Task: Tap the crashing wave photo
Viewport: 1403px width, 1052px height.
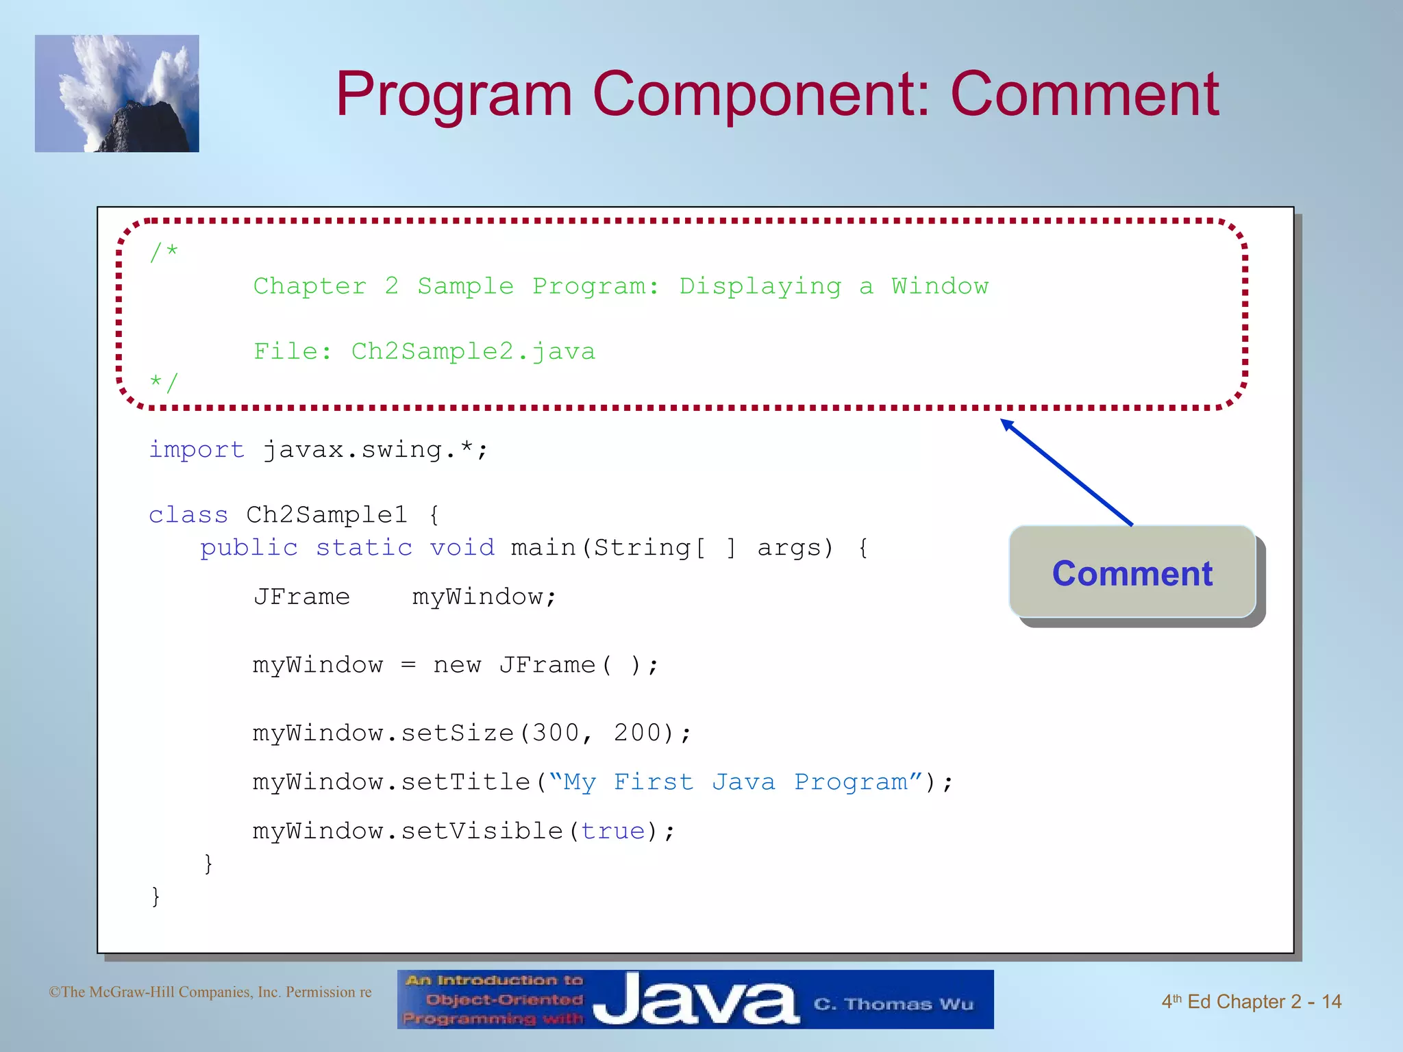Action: coord(117,94)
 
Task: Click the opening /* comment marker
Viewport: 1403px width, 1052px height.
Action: coord(164,252)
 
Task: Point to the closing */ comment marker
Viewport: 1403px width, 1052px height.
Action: coord(164,382)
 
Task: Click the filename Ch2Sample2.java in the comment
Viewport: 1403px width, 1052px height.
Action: coord(473,351)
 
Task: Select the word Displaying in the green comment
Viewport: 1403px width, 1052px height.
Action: coord(760,286)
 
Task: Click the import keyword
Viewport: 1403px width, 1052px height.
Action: coord(197,449)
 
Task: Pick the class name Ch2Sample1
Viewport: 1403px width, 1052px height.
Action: coord(327,514)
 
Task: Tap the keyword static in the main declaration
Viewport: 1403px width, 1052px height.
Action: coord(364,547)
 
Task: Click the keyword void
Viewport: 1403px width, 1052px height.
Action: coord(462,547)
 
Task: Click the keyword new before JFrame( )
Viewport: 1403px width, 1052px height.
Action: coord(457,665)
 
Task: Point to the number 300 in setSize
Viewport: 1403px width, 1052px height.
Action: coord(556,733)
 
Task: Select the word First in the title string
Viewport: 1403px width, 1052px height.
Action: coord(654,782)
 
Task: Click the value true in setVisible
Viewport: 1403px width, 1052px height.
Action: coord(613,831)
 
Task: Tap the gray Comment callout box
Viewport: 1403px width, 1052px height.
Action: coord(1132,573)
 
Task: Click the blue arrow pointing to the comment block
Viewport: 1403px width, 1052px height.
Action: coord(1067,473)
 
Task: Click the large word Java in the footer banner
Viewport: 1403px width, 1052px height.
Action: coord(695,1001)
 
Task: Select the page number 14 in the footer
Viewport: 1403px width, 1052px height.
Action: coord(1331,1002)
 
